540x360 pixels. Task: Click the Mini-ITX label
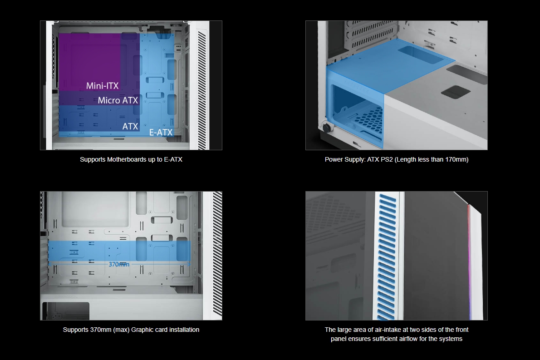(x=102, y=86)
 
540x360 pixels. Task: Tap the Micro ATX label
(x=118, y=100)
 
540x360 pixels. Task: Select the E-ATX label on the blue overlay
(x=161, y=132)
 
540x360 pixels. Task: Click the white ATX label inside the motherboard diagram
(x=130, y=126)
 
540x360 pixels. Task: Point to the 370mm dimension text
(x=119, y=264)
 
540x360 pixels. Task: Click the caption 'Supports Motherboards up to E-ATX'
(x=131, y=159)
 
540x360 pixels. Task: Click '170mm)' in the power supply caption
(x=457, y=159)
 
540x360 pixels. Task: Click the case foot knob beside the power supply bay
(x=326, y=128)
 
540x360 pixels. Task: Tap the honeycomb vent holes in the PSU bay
(x=369, y=119)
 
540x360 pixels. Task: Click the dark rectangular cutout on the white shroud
(x=456, y=91)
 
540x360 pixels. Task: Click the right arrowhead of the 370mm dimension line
(x=189, y=264)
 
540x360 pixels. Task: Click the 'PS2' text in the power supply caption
(x=387, y=159)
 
